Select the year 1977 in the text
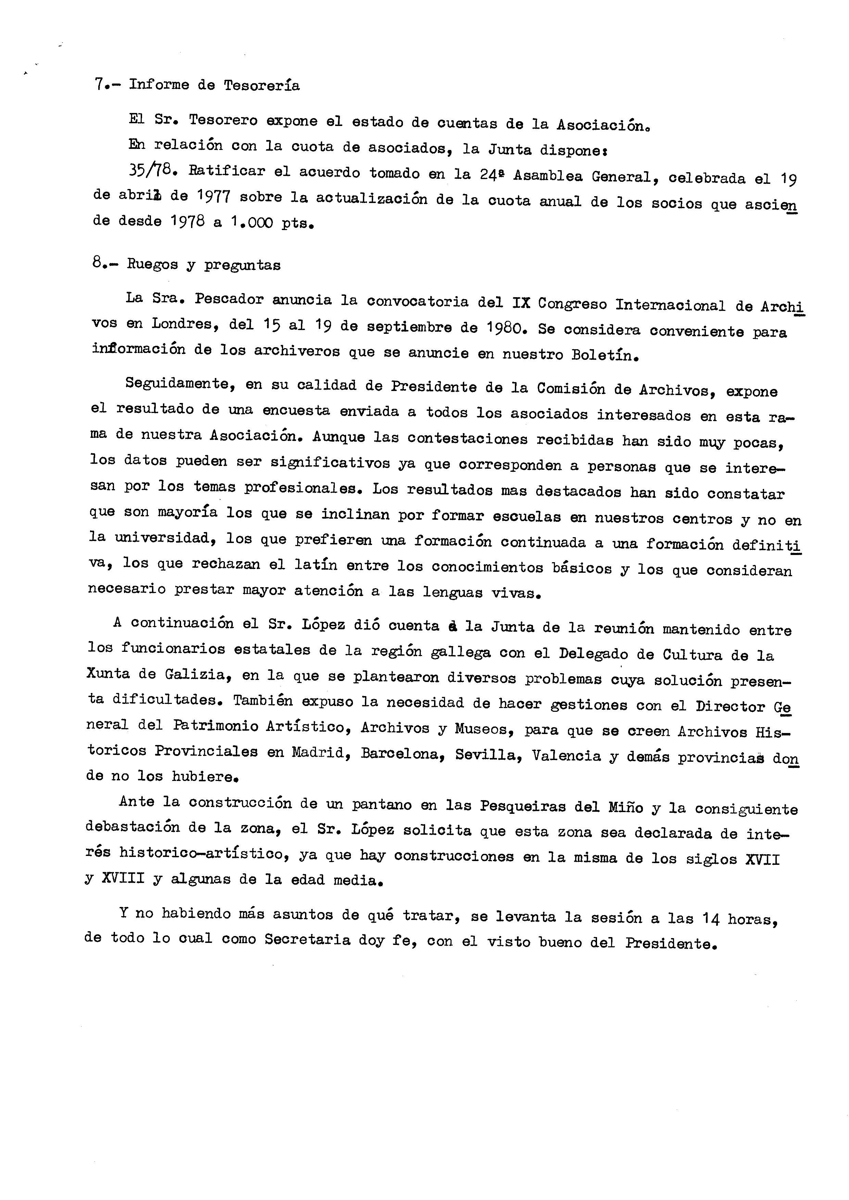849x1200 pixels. coord(215,197)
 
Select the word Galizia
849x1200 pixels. coord(198,675)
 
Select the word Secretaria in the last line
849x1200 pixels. coord(307,939)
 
